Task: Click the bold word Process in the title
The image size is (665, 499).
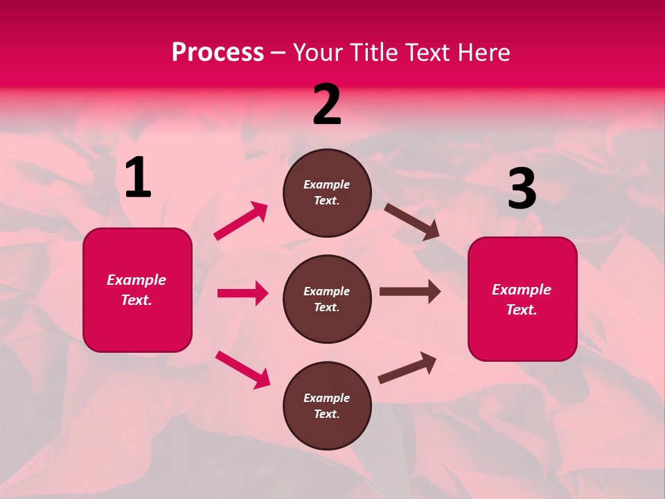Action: (218, 52)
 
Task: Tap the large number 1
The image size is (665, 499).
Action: (138, 178)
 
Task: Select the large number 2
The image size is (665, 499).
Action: (327, 105)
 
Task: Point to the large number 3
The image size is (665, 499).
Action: (522, 189)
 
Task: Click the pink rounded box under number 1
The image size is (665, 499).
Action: (137, 290)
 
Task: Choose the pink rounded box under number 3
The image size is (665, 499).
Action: (522, 299)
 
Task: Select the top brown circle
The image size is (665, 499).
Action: (327, 193)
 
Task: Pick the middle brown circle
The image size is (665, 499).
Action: (327, 299)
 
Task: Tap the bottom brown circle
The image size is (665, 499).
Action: (327, 405)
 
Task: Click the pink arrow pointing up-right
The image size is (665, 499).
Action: (241, 221)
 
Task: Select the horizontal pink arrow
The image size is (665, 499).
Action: (242, 293)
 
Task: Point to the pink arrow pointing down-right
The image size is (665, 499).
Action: (242, 369)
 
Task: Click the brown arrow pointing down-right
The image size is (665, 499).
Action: (412, 222)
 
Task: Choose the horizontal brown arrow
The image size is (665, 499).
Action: (410, 292)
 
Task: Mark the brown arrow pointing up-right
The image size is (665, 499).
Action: (407, 367)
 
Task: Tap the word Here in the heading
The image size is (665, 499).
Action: (483, 52)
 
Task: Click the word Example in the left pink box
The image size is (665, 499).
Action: (136, 280)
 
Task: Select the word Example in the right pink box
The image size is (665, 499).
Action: (522, 290)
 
